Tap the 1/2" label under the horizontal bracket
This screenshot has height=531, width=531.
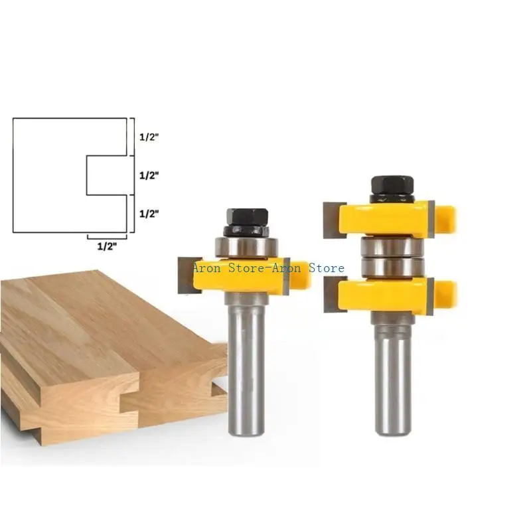point(106,246)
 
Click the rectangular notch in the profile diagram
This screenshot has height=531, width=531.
point(106,176)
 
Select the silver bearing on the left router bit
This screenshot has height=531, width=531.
point(247,246)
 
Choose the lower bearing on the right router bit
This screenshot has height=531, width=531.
point(393,267)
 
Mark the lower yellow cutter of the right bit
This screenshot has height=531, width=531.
point(392,295)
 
